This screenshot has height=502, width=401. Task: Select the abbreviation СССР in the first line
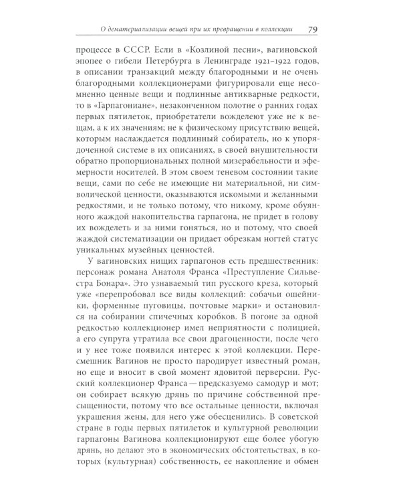click(x=150, y=51)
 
